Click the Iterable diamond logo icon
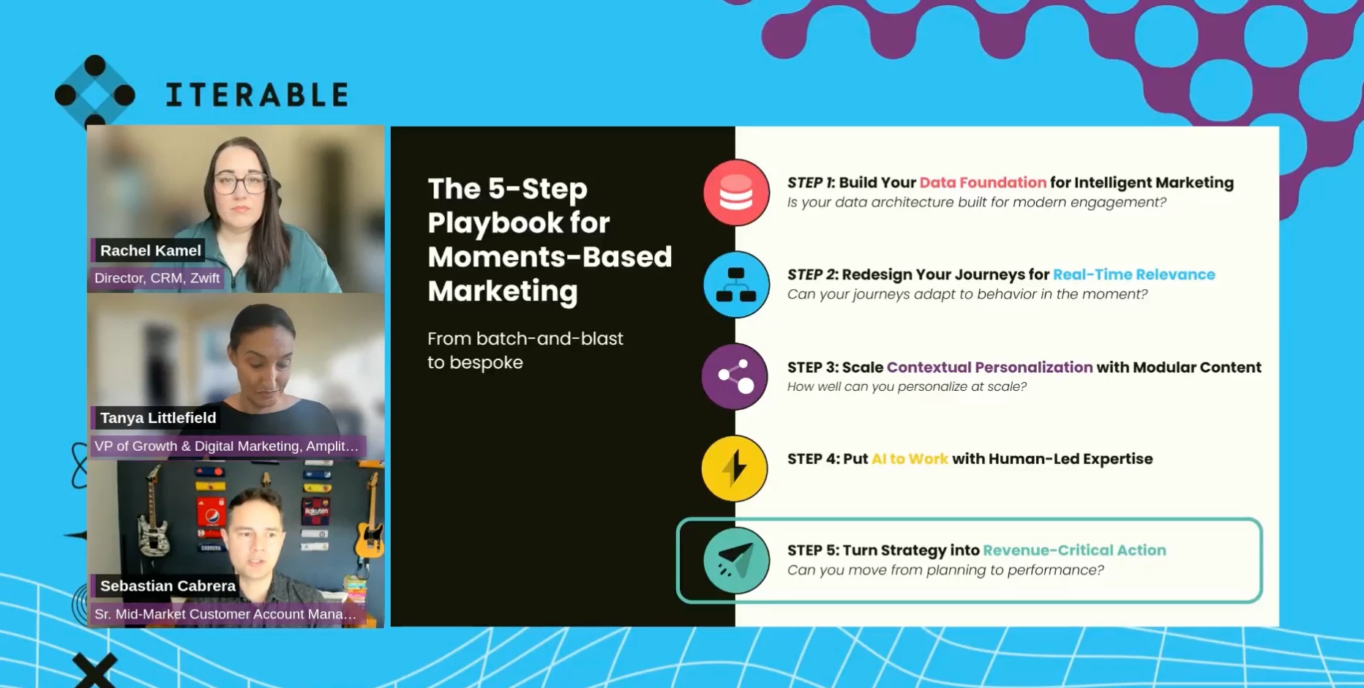coord(95,94)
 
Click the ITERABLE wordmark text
coord(257,95)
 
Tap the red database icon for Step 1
coord(736,192)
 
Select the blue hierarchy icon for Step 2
coord(736,284)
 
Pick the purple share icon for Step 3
coord(735,376)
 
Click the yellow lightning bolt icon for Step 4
coord(735,468)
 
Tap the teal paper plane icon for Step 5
coord(736,561)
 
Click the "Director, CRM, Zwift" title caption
coord(157,278)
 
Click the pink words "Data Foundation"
coord(983,182)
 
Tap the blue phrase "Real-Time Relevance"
coord(1133,274)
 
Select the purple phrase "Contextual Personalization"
coord(989,367)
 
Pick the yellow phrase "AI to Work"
coord(910,459)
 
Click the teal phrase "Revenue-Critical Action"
coord(1074,550)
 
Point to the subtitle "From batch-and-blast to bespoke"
coord(525,351)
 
